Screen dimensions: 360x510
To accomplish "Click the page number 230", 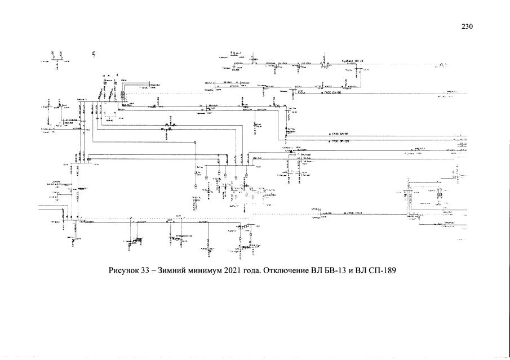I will click(x=467, y=27).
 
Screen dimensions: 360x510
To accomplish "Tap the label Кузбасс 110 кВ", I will click(x=352, y=60).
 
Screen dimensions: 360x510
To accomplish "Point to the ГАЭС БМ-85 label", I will click(x=339, y=135).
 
